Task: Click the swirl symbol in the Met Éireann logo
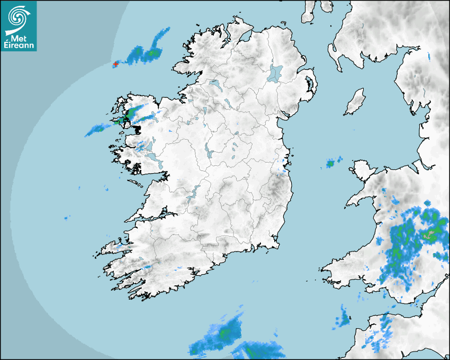(x=19, y=15)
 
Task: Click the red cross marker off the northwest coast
(x=116, y=64)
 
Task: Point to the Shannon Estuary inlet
(x=154, y=216)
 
